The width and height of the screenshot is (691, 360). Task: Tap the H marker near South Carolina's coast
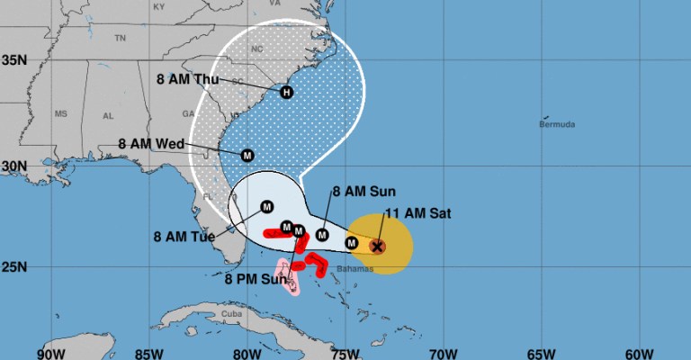(286, 92)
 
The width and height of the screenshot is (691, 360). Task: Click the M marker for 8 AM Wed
(247, 155)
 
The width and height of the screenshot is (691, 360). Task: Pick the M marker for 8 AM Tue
(266, 207)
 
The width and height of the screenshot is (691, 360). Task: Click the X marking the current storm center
(378, 246)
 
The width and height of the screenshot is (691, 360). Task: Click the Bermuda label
(558, 124)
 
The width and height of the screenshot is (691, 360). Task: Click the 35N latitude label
(15, 60)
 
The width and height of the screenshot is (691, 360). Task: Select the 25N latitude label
(15, 267)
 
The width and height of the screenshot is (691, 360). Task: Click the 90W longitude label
(51, 351)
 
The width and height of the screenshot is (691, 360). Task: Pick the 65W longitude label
(542, 351)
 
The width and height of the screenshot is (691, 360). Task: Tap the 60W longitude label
(640, 351)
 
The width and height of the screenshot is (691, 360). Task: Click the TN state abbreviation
(120, 38)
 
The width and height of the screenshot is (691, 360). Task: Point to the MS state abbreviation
(61, 114)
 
